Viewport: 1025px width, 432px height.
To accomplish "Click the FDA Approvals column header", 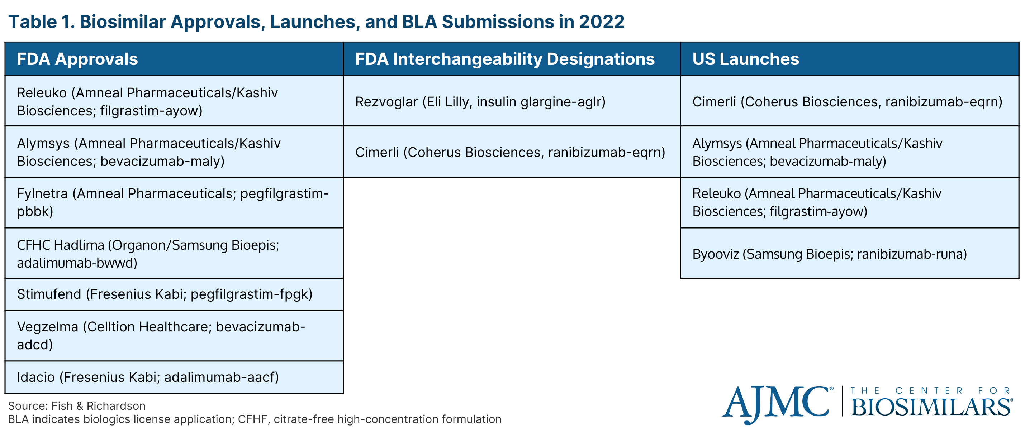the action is coord(174,59).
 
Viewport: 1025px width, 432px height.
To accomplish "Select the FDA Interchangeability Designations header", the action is coord(512,59).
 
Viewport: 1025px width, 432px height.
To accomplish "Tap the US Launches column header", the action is coord(850,59).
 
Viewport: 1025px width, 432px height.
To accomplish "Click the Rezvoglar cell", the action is coord(512,101).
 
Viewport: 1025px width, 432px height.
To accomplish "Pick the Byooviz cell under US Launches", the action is coord(850,253).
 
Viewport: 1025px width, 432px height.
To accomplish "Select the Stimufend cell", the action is coord(174,294).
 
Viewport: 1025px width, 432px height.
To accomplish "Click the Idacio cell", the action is coord(174,377).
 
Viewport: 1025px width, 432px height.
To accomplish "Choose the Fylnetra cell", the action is coord(174,202).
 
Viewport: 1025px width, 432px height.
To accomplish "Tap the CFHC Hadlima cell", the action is coord(174,253).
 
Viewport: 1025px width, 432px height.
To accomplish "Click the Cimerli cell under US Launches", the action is coord(850,101).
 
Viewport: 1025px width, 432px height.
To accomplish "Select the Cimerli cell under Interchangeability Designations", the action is coord(512,152).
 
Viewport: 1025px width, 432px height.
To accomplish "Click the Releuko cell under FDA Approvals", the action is coord(174,101).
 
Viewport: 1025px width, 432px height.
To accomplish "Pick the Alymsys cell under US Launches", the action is coord(850,152).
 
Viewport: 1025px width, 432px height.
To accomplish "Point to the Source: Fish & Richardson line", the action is coord(77,406).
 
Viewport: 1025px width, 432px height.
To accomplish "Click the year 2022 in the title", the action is coord(602,21).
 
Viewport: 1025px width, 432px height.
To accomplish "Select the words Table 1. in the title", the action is coord(41,21).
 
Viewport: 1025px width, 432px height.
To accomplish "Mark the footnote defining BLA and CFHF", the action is coord(255,419).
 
